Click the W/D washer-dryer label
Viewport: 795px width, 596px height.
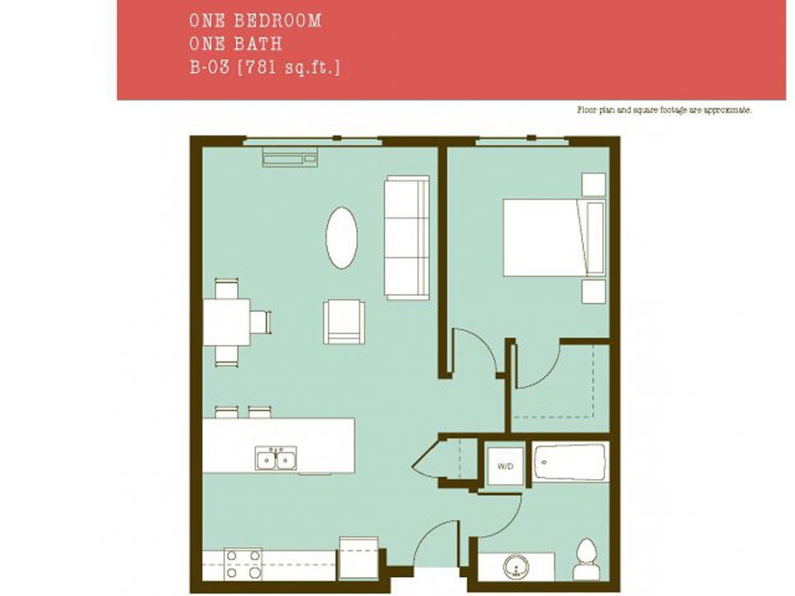click(504, 467)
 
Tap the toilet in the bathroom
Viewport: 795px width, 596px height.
click(585, 560)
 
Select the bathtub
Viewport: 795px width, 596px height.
click(570, 462)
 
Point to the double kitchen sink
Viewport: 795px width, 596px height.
click(277, 458)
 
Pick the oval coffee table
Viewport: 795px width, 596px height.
click(341, 238)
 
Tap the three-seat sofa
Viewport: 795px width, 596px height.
click(407, 238)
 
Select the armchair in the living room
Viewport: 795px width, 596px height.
click(344, 321)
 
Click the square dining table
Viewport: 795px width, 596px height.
click(227, 321)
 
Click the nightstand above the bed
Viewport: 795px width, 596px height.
click(594, 184)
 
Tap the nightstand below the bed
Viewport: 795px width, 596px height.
click(594, 291)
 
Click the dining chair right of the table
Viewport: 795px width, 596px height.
click(261, 321)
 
